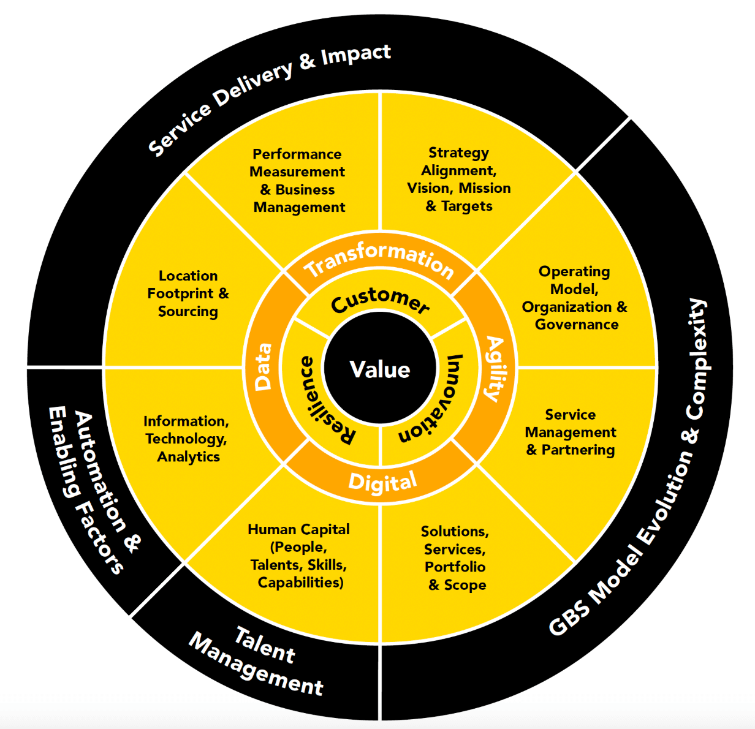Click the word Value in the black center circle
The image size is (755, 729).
[380, 369]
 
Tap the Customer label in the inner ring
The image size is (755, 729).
[380, 301]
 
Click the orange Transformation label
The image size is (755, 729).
[380, 260]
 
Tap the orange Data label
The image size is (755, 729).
[263, 367]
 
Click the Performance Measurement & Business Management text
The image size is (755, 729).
[298, 181]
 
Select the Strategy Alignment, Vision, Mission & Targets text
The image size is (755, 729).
[459, 179]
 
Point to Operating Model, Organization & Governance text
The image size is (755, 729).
[575, 298]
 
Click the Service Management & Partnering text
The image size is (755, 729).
[571, 432]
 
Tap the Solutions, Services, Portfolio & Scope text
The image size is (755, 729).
[456, 558]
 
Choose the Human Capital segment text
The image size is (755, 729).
[299, 556]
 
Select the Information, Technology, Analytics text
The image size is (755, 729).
[187, 439]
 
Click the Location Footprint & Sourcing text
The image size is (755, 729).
[188, 293]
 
